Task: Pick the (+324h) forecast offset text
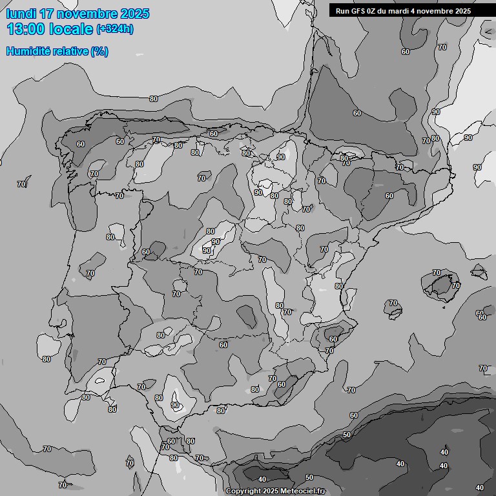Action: pyautogui.click(x=115, y=29)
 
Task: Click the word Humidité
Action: pyautogui.click(x=27, y=51)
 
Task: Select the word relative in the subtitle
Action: pyautogui.click(x=69, y=51)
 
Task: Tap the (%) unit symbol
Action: pyautogui.click(x=99, y=51)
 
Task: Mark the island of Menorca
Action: pyautogui.click(x=479, y=271)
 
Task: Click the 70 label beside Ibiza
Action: pyautogui.click(x=393, y=303)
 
